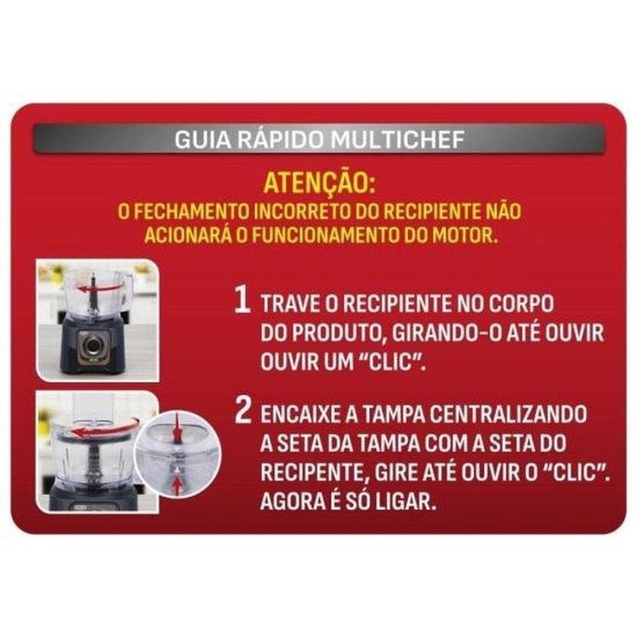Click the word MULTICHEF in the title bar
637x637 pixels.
[397, 139]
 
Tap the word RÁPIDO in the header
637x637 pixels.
[280, 139]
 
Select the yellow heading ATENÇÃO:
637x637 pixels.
[319, 184]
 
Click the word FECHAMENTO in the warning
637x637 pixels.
[191, 211]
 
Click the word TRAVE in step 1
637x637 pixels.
[291, 303]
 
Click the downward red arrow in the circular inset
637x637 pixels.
[177, 428]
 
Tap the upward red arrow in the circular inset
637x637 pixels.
[177, 487]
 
